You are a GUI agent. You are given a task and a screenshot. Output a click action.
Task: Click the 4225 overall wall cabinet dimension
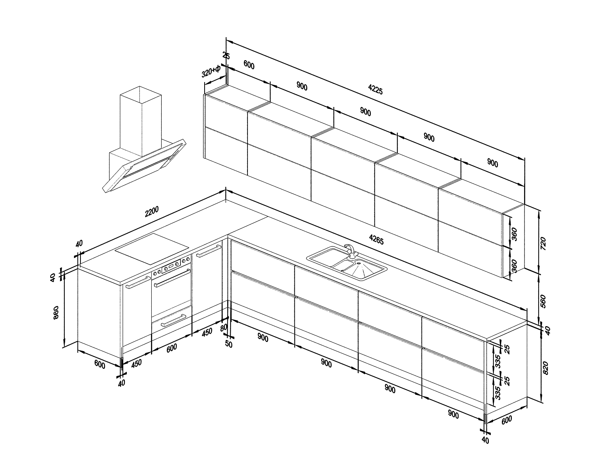[x=375, y=89]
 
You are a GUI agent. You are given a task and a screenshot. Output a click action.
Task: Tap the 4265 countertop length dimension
[x=376, y=240]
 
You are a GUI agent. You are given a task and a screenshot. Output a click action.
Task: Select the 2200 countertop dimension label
[x=152, y=212]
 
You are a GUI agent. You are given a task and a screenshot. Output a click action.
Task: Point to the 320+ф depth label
[x=211, y=72]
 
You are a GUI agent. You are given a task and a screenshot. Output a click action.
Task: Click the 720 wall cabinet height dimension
[x=543, y=243]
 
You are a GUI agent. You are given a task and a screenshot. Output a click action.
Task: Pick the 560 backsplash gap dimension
[x=543, y=301]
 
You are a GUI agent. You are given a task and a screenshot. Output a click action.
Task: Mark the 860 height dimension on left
[x=56, y=313]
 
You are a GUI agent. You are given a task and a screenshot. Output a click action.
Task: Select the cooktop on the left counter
[x=152, y=249]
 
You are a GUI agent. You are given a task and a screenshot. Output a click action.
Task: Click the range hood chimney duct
[x=141, y=121]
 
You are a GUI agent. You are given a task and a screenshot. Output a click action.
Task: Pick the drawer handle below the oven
[x=174, y=320]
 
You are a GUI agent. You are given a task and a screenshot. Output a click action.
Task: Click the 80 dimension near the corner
[x=223, y=328]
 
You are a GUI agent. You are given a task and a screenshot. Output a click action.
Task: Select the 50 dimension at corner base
[x=228, y=344]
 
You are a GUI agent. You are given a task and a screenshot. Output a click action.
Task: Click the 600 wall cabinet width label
[x=249, y=65]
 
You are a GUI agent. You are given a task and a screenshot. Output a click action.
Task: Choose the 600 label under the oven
[x=172, y=348]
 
